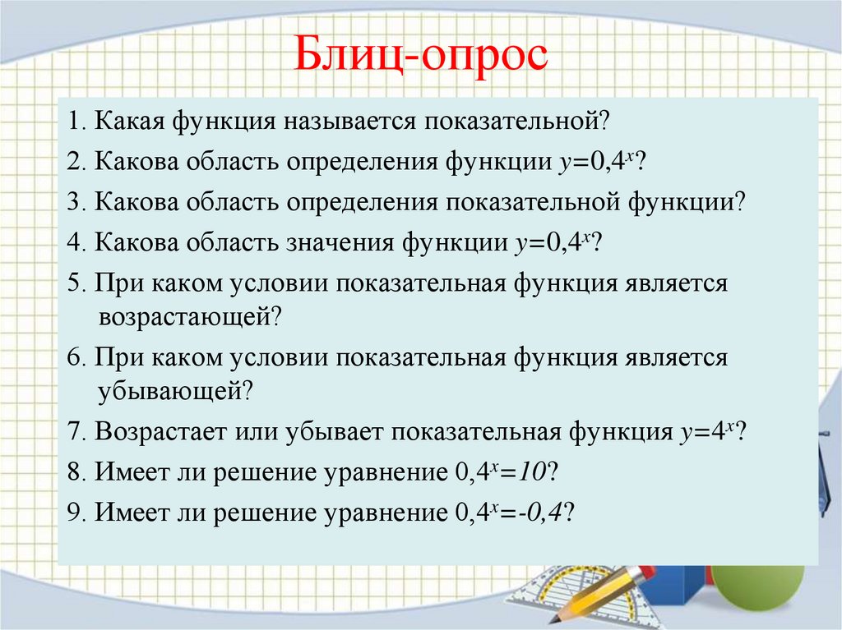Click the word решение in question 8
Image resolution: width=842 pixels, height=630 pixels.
coord(252,472)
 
